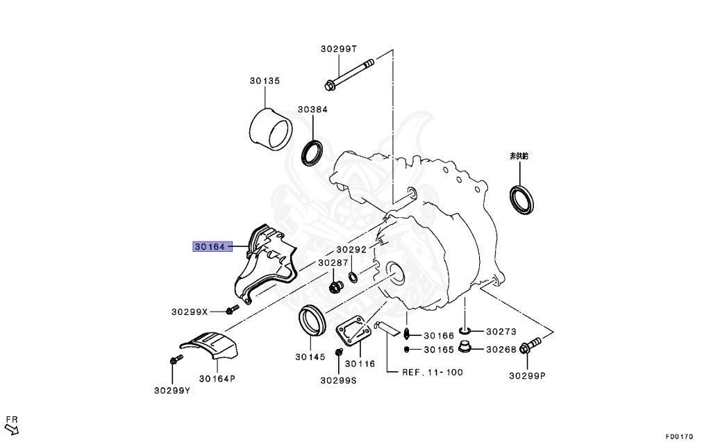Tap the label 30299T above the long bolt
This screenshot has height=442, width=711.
(338, 49)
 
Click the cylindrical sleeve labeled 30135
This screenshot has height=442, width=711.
(271, 128)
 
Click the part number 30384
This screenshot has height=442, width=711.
(312, 110)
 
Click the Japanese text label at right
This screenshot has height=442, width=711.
(519, 157)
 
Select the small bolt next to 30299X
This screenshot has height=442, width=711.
(232, 309)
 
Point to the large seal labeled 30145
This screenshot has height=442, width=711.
(312, 320)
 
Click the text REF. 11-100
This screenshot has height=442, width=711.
(433, 373)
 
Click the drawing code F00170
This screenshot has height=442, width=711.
(678, 436)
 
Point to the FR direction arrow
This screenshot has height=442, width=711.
(12, 425)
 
